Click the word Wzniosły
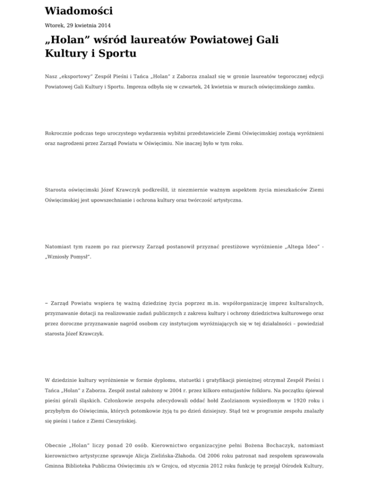pyautogui.click(x=60, y=257)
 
